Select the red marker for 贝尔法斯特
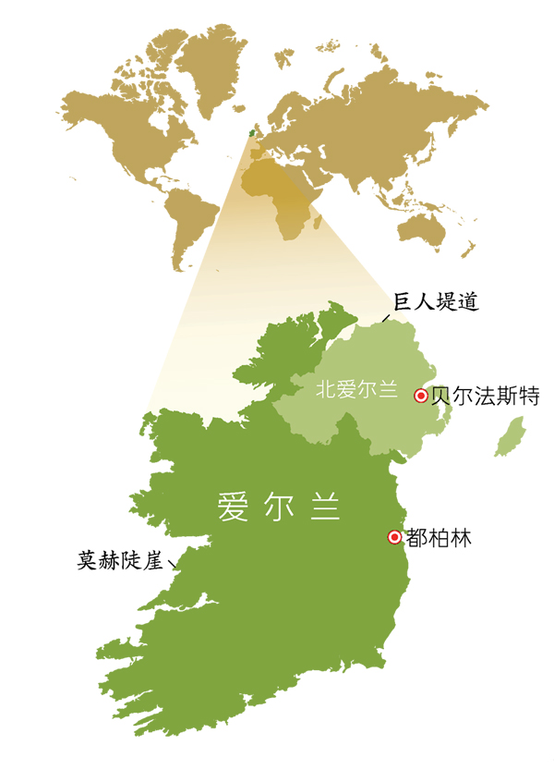coord(421,396)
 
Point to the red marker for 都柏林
coord(394,537)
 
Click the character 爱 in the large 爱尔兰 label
coord(232,507)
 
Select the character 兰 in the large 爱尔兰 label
coord(325,507)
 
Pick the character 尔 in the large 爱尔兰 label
coord(279,507)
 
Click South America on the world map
coord(194,222)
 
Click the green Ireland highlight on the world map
coord(249,132)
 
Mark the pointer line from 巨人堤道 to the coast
coord(387,317)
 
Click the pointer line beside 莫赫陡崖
coord(173,563)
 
